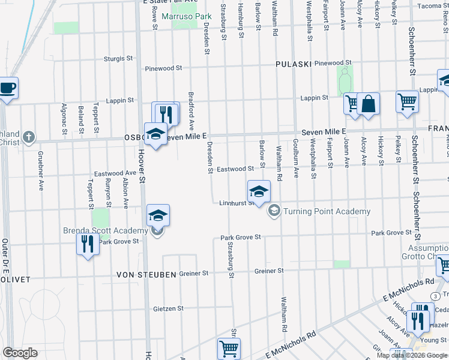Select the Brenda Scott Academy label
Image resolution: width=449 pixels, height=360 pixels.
106,231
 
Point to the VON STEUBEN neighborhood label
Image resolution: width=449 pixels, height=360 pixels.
147,274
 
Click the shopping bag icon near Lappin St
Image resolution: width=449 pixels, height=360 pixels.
368,104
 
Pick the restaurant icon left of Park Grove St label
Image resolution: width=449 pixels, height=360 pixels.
88,244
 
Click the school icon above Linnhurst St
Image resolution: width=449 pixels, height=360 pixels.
259,191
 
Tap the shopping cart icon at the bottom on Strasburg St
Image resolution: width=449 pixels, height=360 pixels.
228,348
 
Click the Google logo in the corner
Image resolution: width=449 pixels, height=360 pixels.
20,353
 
